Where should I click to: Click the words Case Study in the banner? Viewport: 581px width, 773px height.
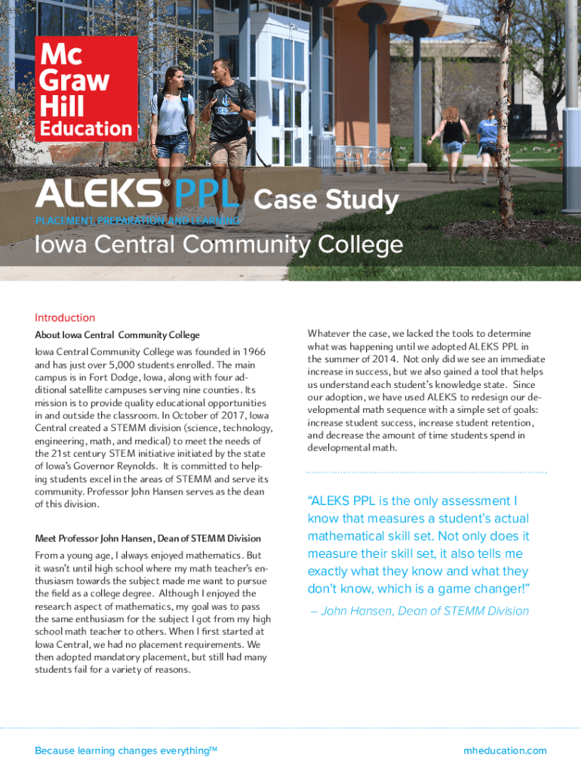(x=326, y=200)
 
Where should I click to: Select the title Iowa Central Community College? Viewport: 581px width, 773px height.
(x=219, y=245)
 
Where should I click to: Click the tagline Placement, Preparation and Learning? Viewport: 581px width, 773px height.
(x=137, y=220)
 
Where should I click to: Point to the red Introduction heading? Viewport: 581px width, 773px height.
(x=65, y=318)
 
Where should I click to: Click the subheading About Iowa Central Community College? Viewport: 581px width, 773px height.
(x=117, y=335)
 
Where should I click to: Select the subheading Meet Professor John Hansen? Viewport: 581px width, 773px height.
(x=148, y=538)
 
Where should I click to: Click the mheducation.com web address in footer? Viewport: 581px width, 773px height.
(x=505, y=750)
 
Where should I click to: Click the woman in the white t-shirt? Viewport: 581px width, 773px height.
(x=172, y=113)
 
